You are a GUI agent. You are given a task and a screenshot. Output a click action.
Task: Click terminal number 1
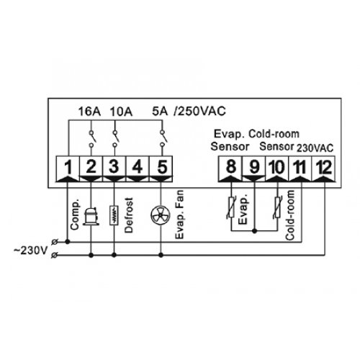coord(68,167)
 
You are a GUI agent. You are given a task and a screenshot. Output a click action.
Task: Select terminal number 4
coord(138,167)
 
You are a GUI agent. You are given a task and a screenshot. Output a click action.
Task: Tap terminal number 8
coord(231,167)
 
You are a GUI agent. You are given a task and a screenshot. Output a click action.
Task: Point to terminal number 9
coord(254,167)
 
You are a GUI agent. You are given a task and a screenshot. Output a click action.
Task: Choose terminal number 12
coord(324,167)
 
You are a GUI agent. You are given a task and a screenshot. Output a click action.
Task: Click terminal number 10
coord(277,167)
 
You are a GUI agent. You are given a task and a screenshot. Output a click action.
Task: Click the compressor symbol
coord(91,216)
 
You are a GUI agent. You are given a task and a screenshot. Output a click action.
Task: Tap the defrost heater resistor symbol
coord(114,215)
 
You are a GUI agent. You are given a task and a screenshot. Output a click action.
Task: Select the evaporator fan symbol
coord(161,215)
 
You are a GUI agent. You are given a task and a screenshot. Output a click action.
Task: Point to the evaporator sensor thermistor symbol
coord(231,207)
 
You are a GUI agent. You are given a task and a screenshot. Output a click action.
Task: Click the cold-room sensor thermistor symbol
coord(277,207)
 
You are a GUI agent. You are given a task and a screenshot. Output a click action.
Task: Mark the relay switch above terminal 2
coord(91,139)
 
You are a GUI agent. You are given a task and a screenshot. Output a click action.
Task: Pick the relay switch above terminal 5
coord(163,139)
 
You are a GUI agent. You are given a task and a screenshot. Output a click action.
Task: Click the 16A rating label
coord(89,112)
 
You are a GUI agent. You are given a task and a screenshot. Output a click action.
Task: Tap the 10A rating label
coord(121,112)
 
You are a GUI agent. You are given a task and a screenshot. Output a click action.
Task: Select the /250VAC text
coord(199,111)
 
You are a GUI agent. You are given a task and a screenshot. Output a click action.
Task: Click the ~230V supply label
coord(30,251)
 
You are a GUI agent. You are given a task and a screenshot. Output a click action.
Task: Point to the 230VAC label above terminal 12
coord(315,148)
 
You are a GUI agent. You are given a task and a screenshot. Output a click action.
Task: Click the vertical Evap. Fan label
coord(179,215)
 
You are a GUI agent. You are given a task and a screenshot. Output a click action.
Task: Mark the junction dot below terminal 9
coord(255,231)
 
